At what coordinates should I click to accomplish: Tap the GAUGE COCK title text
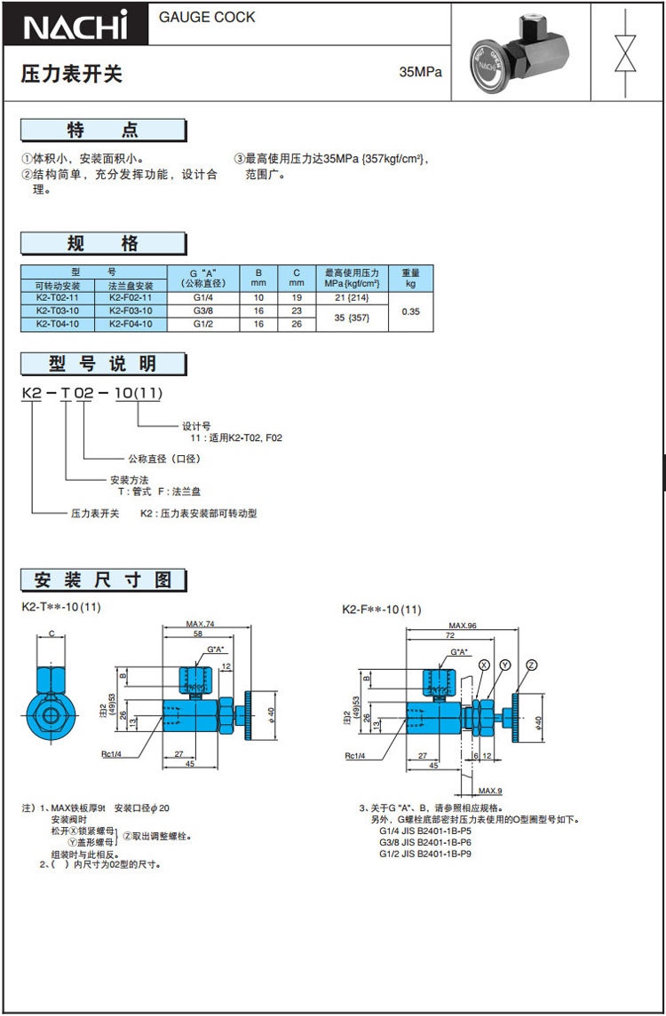tap(207, 17)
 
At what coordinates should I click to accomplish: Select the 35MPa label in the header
tap(420, 72)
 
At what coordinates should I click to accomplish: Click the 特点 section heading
tap(103, 130)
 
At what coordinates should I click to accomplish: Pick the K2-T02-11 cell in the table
tap(58, 298)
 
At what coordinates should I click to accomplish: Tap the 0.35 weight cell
tap(410, 311)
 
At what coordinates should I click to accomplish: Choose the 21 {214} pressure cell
tap(352, 298)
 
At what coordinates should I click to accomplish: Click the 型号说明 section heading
tap(103, 363)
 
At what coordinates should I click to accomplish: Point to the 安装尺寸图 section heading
tap(103, 580)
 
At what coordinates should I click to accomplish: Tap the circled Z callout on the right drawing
tap(531, 665)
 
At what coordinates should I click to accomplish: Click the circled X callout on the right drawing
tap(483, 665)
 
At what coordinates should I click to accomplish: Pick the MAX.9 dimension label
tap(490, 791)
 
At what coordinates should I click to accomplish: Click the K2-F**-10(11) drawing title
tap(382, 610)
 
